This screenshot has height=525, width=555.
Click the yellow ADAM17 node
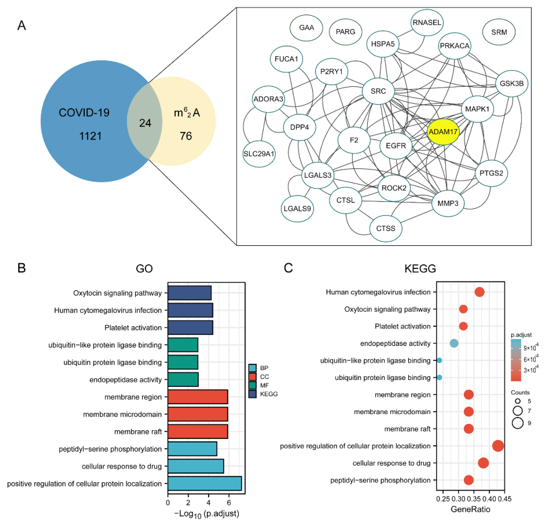[x=443, y=132]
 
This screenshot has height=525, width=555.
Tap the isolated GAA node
[x=306, y=28]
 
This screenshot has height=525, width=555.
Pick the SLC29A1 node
[x=259, y=154]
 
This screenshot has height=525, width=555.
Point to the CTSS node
[x=386, y=229]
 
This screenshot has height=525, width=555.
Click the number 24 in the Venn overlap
[x=145, y=123]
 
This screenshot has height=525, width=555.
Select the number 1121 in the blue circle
[x=90, y=136]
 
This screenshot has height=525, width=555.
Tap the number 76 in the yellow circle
[x=186, y=136]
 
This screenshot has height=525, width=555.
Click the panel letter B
[x=22, y=268]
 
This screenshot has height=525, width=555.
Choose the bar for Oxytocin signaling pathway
[x=190, y=293]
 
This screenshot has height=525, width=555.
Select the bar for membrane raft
[x=198, y=432]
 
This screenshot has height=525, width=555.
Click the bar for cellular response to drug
[x=196, y=466]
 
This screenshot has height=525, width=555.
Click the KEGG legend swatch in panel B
[x=252, y=394]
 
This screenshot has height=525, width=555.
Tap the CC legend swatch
[x=252, y=377]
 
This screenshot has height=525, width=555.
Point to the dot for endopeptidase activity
[x=454, y=343]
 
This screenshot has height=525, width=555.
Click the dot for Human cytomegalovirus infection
[x=479, y=292]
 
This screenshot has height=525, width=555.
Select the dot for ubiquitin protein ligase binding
[x=439, y=377]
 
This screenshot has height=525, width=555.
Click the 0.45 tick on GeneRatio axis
[x=504, y=499]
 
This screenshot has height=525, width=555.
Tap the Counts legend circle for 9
[x=518, y=423]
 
